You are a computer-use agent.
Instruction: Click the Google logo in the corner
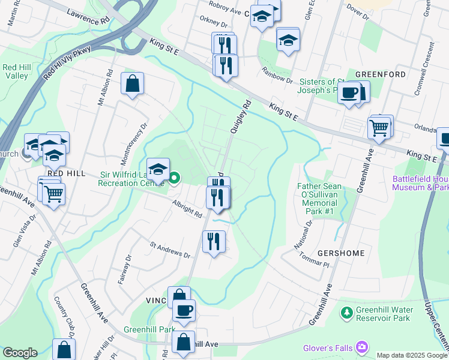pos(20,353)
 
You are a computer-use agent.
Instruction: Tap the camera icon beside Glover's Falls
pos(361,347)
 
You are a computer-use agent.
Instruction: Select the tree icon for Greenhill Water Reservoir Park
pos(346,313)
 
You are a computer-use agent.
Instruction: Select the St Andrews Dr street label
pos(170,250)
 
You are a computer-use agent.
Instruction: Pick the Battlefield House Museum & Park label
pos(420,183)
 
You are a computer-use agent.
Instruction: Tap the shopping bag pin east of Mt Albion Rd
pos(132,85)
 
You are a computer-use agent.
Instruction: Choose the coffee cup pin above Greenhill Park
pos(184,310)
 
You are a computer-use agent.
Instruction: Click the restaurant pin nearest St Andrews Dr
pos(214,241)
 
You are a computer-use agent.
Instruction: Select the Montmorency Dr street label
pos(134,145)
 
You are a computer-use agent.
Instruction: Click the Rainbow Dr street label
pos(277,76)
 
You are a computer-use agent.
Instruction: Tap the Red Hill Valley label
pos(17,71)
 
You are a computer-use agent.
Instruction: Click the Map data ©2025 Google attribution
pos(411,355)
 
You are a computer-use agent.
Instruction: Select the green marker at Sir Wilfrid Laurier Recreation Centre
pos(175,178)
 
